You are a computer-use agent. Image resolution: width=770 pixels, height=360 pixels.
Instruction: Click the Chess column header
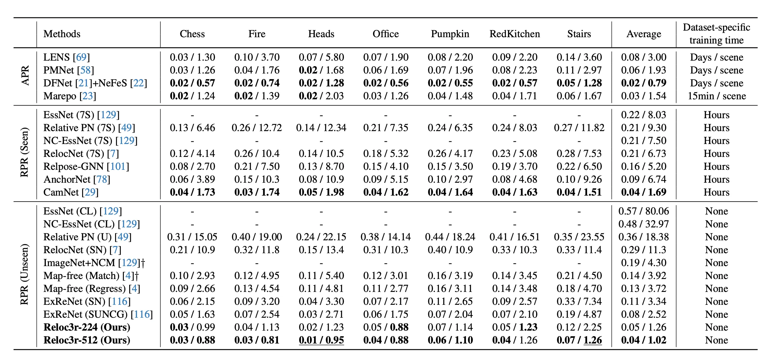click(x=192, y=34)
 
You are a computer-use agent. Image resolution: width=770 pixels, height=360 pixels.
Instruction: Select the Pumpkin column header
click(x=450, y=34)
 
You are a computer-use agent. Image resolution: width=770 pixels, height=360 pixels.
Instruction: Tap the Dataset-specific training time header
click(x=716, y=34)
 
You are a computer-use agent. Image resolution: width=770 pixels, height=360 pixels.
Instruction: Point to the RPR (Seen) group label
click(x=24, y=152)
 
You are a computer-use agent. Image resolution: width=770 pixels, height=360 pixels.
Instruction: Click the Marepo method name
click(x=60, y=96)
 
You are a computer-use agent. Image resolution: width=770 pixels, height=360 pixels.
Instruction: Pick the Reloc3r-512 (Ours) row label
click(x=87, y=340)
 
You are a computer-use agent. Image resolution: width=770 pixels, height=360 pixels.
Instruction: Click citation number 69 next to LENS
click(x=81, y=57)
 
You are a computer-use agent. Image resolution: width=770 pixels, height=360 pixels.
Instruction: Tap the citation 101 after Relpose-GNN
click(x=118, y=166)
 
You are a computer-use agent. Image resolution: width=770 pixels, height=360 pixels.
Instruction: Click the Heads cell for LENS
click(x=321, y=57)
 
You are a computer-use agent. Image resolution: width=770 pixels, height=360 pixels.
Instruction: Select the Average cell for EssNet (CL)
click(x=643, y=211)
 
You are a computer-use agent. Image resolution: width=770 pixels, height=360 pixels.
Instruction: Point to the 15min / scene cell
click(x=716, y=96)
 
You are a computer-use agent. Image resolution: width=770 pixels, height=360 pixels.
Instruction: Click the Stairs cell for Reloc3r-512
click(x=579, y=340)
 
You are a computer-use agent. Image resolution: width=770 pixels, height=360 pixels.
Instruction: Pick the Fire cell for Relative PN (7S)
click(x=257, y=128)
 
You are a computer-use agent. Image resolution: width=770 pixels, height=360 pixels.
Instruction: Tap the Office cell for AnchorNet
click(x=386, y=179)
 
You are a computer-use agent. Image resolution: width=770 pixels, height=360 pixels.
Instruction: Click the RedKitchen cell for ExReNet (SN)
click(x=515, y=301)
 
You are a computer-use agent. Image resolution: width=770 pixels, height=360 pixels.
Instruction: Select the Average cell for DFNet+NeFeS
click(x=643, y=83)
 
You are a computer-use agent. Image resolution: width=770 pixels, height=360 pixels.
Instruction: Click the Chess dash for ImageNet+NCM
click(x=192, y=263)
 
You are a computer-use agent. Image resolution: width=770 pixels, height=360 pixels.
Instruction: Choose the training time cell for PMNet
click(x=716, y=70)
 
